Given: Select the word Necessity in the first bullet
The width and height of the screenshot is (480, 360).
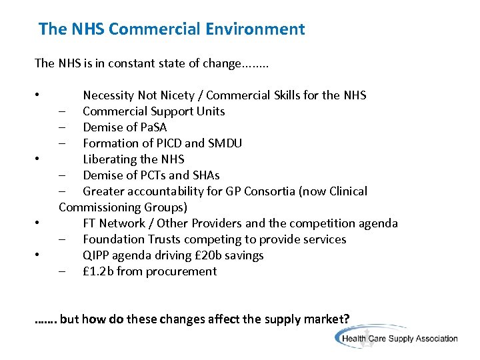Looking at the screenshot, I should [x=108, y=95].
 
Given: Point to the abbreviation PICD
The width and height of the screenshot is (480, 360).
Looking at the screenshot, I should [x=167, y=143].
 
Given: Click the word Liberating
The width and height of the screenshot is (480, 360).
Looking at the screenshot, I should [x=110, y=159].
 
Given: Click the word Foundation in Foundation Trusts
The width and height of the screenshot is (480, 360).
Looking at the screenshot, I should [x=112, y=239].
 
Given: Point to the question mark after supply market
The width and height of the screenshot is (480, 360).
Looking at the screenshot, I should [x=346, y=319].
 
